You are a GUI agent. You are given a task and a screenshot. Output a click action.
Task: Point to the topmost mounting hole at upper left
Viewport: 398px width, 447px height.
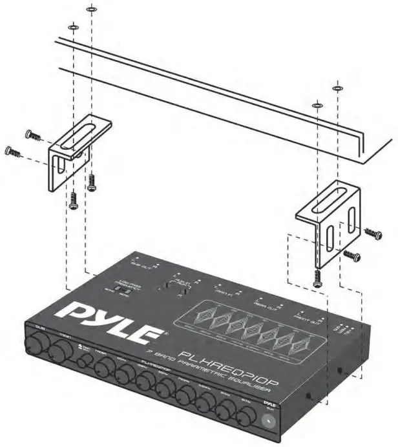91,10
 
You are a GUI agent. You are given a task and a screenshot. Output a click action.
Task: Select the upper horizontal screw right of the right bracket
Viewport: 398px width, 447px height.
373,233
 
